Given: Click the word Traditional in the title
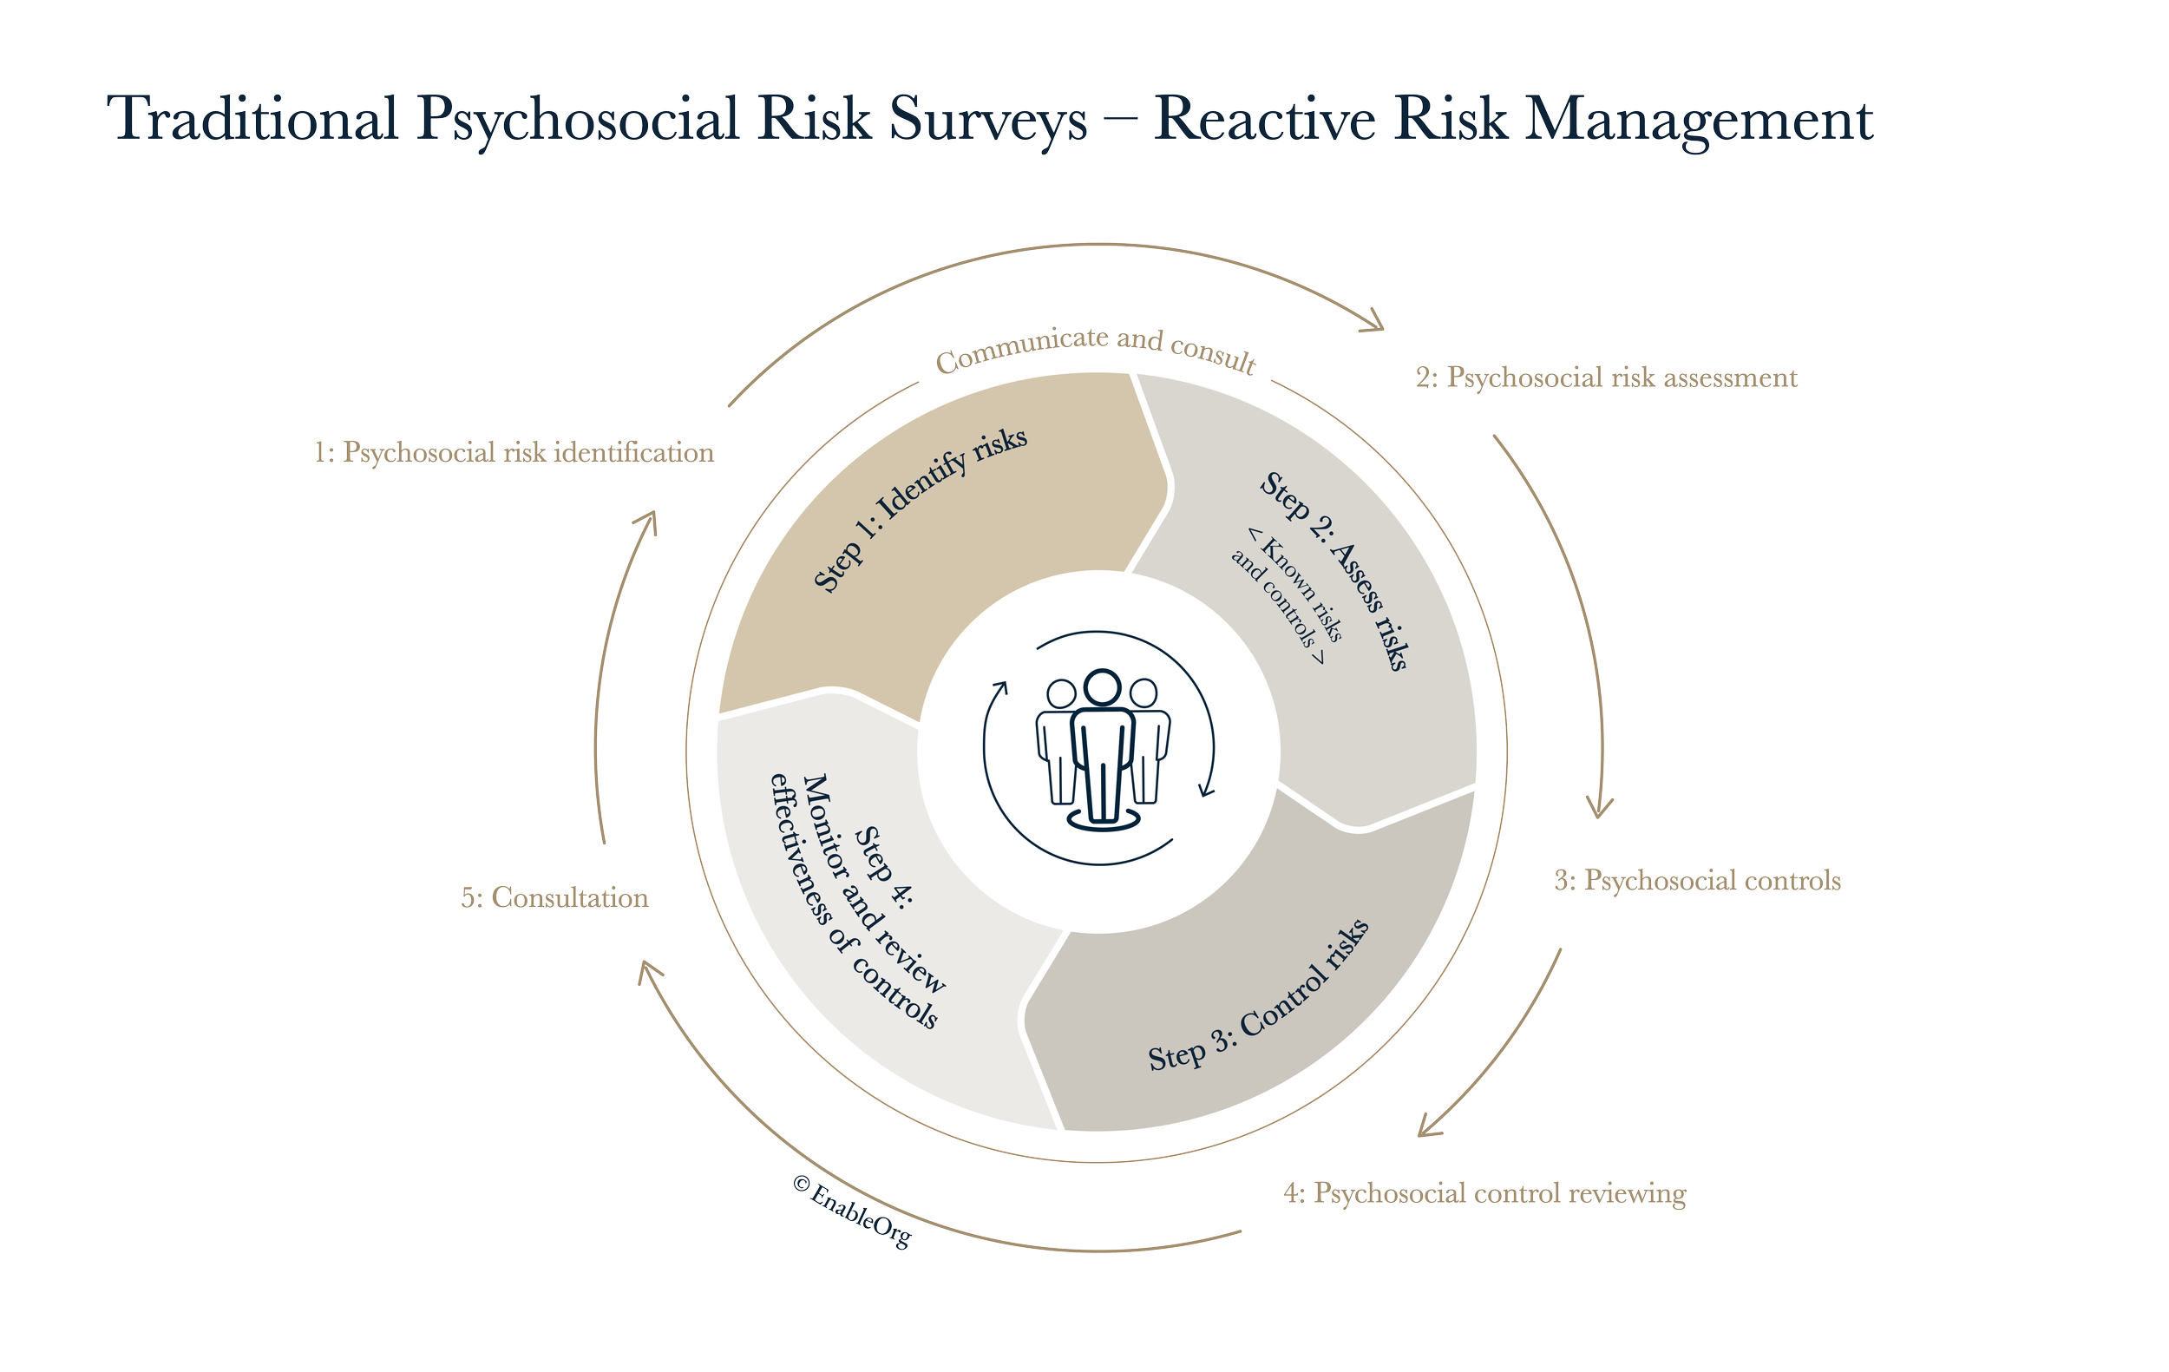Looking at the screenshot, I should click(257, 119).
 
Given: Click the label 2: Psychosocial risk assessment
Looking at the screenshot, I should click(1606, 377).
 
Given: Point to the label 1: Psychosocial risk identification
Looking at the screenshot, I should click(514, 452).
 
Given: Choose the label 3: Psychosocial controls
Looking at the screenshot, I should click(1697, 880).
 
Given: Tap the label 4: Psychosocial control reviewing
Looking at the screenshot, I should click(1484, 1193).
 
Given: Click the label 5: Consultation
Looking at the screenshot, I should click(555, 898).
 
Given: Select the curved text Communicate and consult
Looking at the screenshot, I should click(1095, 349).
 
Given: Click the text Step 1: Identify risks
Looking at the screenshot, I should click(920, 509).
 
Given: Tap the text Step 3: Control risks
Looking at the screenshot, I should click(1258, 996).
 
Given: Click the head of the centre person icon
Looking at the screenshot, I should click(1101, 687).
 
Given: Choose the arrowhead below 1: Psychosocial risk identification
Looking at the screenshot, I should click(647, 522).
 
